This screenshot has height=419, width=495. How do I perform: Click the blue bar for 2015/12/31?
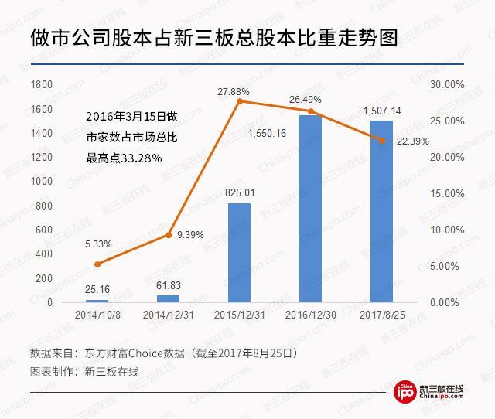pyautogui.click(x=239, y=252)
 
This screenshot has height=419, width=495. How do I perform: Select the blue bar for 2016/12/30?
pyautogui.click(x=310, y=209)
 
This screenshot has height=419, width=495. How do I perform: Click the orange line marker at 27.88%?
pyautogui.click(x=239, y=101)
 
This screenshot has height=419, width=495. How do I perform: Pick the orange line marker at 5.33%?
pyautogui.click(x=97, y=264)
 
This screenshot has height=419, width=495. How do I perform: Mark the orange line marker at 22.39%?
pyautogui.click(x=381, y=140)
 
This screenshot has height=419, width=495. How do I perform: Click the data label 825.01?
pyautogui.click(x=239, y=192)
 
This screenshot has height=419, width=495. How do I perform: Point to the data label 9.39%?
pyautogui.click(x=189, y=234)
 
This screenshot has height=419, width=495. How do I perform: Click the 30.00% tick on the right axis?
pyautogui.click(x=446, y=84)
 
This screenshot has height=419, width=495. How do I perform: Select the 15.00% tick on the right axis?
pyautogui.click(x=446, y=193)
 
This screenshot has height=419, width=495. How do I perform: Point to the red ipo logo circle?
pyautogui.click(x=405, y=393)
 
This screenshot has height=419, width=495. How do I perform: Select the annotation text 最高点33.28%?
pyautogui.click(x=124, y=158)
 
